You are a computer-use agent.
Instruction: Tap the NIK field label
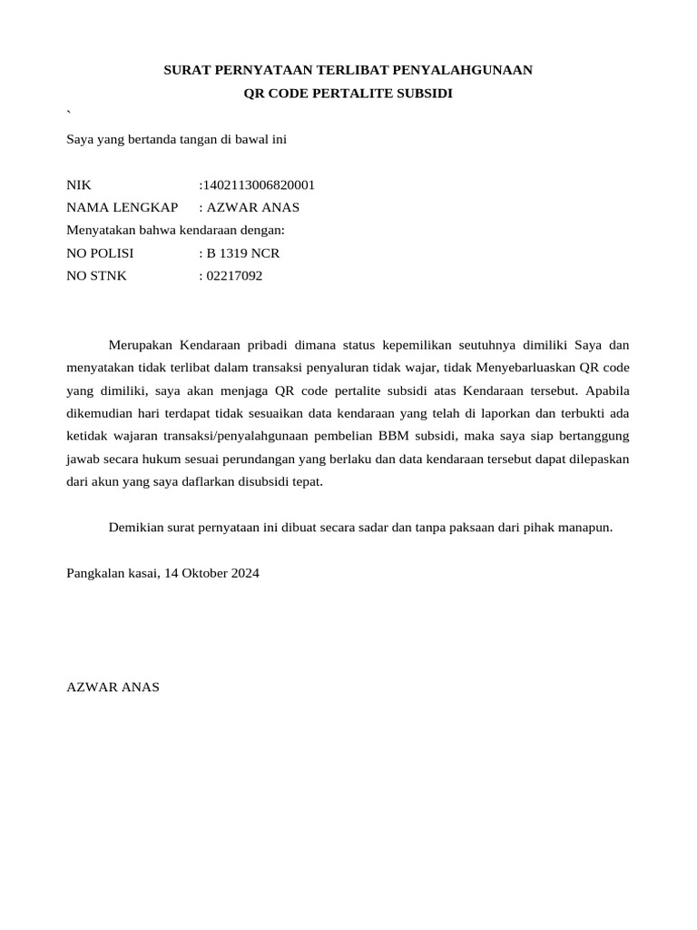[x=80, y=185]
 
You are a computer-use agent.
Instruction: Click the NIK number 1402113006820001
[x=259, y=185]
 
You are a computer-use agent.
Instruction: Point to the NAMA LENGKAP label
[x=123, y=208]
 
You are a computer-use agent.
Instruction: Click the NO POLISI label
[x=101, y=253]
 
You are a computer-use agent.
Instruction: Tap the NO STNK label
[x=97, y=276]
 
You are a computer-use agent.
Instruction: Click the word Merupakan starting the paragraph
[x=141, y=345]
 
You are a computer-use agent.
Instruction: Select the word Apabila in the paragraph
[x=607, y=391]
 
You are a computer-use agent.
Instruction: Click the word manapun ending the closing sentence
[x=586, y=528]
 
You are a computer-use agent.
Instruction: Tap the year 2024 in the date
[x=245, y=574]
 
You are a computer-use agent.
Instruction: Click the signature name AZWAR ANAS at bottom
[x=113, y=688]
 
